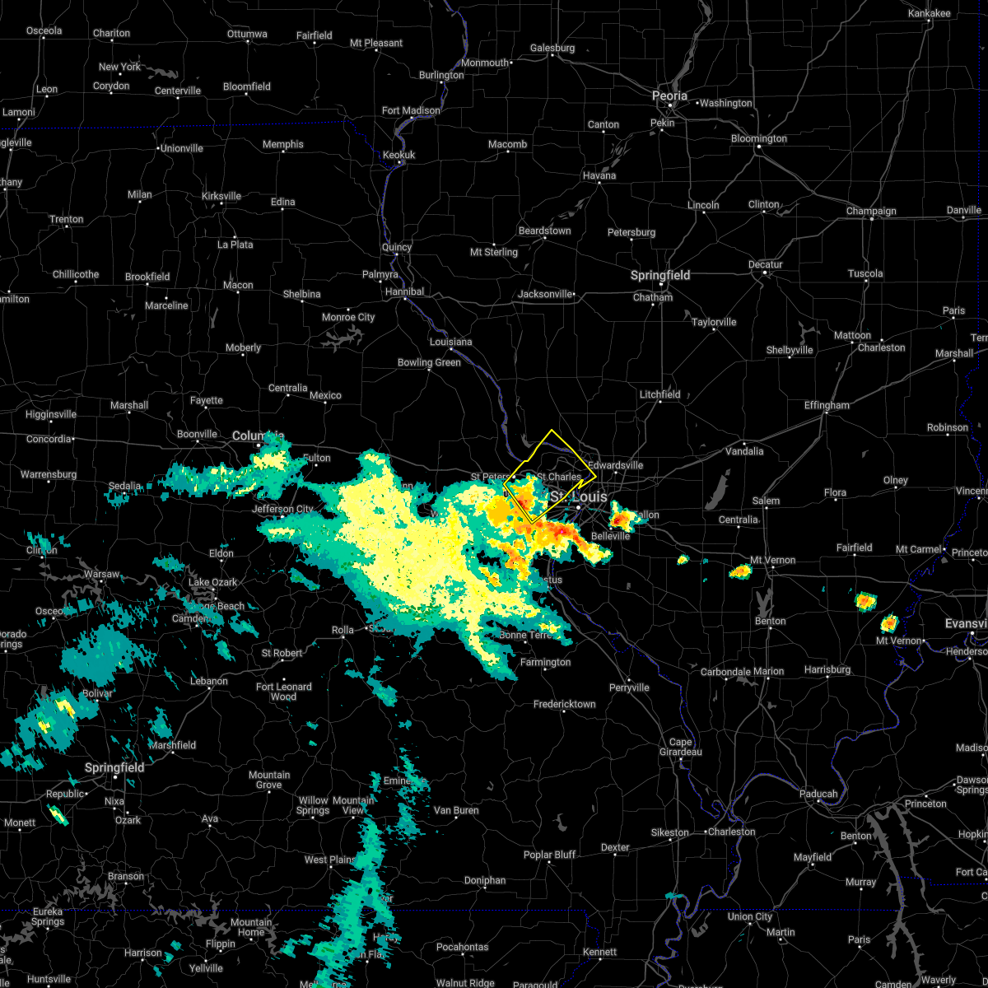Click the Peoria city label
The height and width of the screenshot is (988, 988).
(x=669, y=96)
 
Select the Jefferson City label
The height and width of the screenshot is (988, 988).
(x=283, y=509)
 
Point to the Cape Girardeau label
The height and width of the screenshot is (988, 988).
(x=680, y=746)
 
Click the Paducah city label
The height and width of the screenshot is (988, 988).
(x=818, y=794)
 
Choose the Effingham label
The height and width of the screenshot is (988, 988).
(x=827, y=405)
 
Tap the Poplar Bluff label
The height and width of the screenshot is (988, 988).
(x=549, y=855)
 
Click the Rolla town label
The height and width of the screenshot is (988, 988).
(x=343, y=630)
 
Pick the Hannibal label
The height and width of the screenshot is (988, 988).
(x=404, y=291)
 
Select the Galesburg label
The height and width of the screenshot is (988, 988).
(x=552, y=48)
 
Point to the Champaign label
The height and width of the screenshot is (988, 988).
(x=871, y=211)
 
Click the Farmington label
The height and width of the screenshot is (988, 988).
(x=545, y=662)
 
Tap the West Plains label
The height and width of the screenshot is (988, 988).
(x=329, y=860)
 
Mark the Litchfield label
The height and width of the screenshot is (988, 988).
(x=659, y=394)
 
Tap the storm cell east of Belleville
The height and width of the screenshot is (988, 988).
(x=622, y=519)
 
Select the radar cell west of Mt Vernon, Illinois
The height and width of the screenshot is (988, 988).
(x=740, y=571)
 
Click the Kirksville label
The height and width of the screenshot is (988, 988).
(x=221, y=196)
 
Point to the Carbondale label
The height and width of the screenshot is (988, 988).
(x=725, y=672)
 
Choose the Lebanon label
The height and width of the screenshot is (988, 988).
(x=209, y=681)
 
